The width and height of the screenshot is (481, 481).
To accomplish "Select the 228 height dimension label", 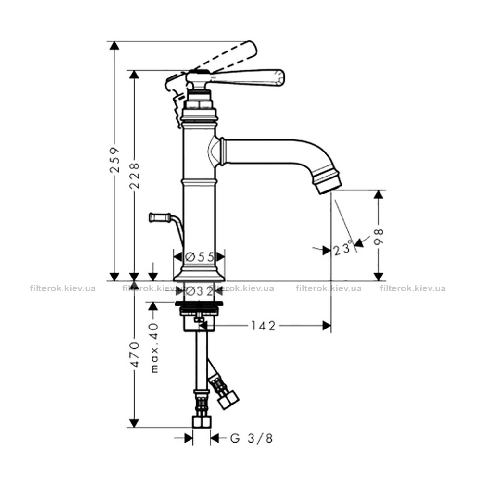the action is point(134,176).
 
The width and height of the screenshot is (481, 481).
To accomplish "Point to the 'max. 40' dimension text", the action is point(155,348).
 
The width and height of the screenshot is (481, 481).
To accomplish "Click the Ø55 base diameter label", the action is point(200,257).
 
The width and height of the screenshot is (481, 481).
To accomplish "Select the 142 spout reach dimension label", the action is point(264,326).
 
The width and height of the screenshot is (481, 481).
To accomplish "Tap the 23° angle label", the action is point(342,249).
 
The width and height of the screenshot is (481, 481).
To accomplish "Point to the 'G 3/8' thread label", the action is point(251,438).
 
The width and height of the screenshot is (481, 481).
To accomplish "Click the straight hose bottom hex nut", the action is point(202,422).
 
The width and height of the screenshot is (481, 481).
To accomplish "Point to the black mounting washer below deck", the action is point(199,304).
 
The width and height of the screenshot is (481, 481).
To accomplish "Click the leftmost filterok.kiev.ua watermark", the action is point(63,288).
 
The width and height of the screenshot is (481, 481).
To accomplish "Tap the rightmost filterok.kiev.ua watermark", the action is point(413,288).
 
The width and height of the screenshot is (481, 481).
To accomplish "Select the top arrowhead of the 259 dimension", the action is point(114,45).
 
